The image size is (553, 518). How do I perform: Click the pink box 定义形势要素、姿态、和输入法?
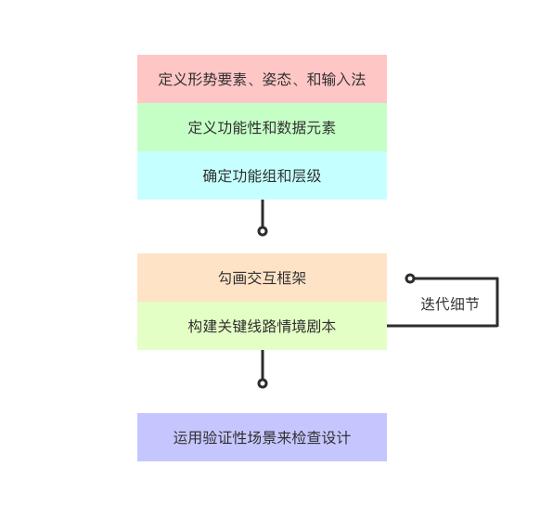pos(262,79)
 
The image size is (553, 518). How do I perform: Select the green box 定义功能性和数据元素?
pos(262,127)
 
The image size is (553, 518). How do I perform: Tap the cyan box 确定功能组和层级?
pos(262,175)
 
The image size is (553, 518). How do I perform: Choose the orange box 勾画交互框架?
pos(262,278)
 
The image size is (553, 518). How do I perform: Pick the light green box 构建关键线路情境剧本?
pos(262,326)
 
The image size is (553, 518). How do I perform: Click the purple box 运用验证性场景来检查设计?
pos(262,437)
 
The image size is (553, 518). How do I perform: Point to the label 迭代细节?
pos(450,304)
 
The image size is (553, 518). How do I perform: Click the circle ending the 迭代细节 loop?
pos(410,278)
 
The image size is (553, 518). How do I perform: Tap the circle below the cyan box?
pos(263,231)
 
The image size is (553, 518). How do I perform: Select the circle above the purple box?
pos(263,383)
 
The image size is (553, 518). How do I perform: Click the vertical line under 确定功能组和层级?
pos(263,214)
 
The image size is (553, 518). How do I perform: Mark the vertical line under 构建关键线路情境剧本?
pos(263,365)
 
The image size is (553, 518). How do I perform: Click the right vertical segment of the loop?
pos(497,302)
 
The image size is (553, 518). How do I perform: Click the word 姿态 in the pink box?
pos(276,79)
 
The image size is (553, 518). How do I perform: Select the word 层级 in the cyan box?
pos(306,175)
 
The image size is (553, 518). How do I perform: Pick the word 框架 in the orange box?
pos(291,278)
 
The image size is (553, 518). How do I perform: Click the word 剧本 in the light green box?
pos(321,326)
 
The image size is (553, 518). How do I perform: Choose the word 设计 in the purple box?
pos(336,437)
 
